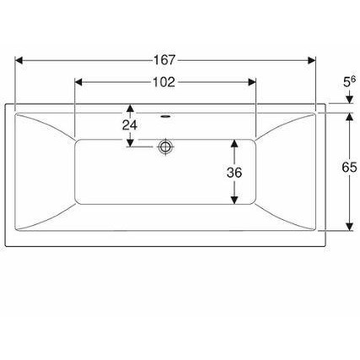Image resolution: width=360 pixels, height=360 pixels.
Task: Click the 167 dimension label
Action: tap(164, 60)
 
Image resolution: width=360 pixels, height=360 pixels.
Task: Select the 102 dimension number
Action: tap(164, 82)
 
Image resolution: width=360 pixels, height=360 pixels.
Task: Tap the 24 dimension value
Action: tap(130, 126)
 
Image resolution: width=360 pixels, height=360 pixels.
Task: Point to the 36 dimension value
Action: tap(234, 173)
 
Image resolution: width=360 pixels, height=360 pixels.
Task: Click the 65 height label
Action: tap(349, 168)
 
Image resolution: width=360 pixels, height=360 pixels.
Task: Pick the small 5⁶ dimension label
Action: tap(349, 82)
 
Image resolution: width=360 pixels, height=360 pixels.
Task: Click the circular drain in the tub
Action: tap(165, 147)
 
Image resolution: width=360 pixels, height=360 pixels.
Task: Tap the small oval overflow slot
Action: tap(165, 116)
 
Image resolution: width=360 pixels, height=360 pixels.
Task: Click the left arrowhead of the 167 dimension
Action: tap(19, 60)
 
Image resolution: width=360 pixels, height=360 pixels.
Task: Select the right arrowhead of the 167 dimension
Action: tap(312, 60)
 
